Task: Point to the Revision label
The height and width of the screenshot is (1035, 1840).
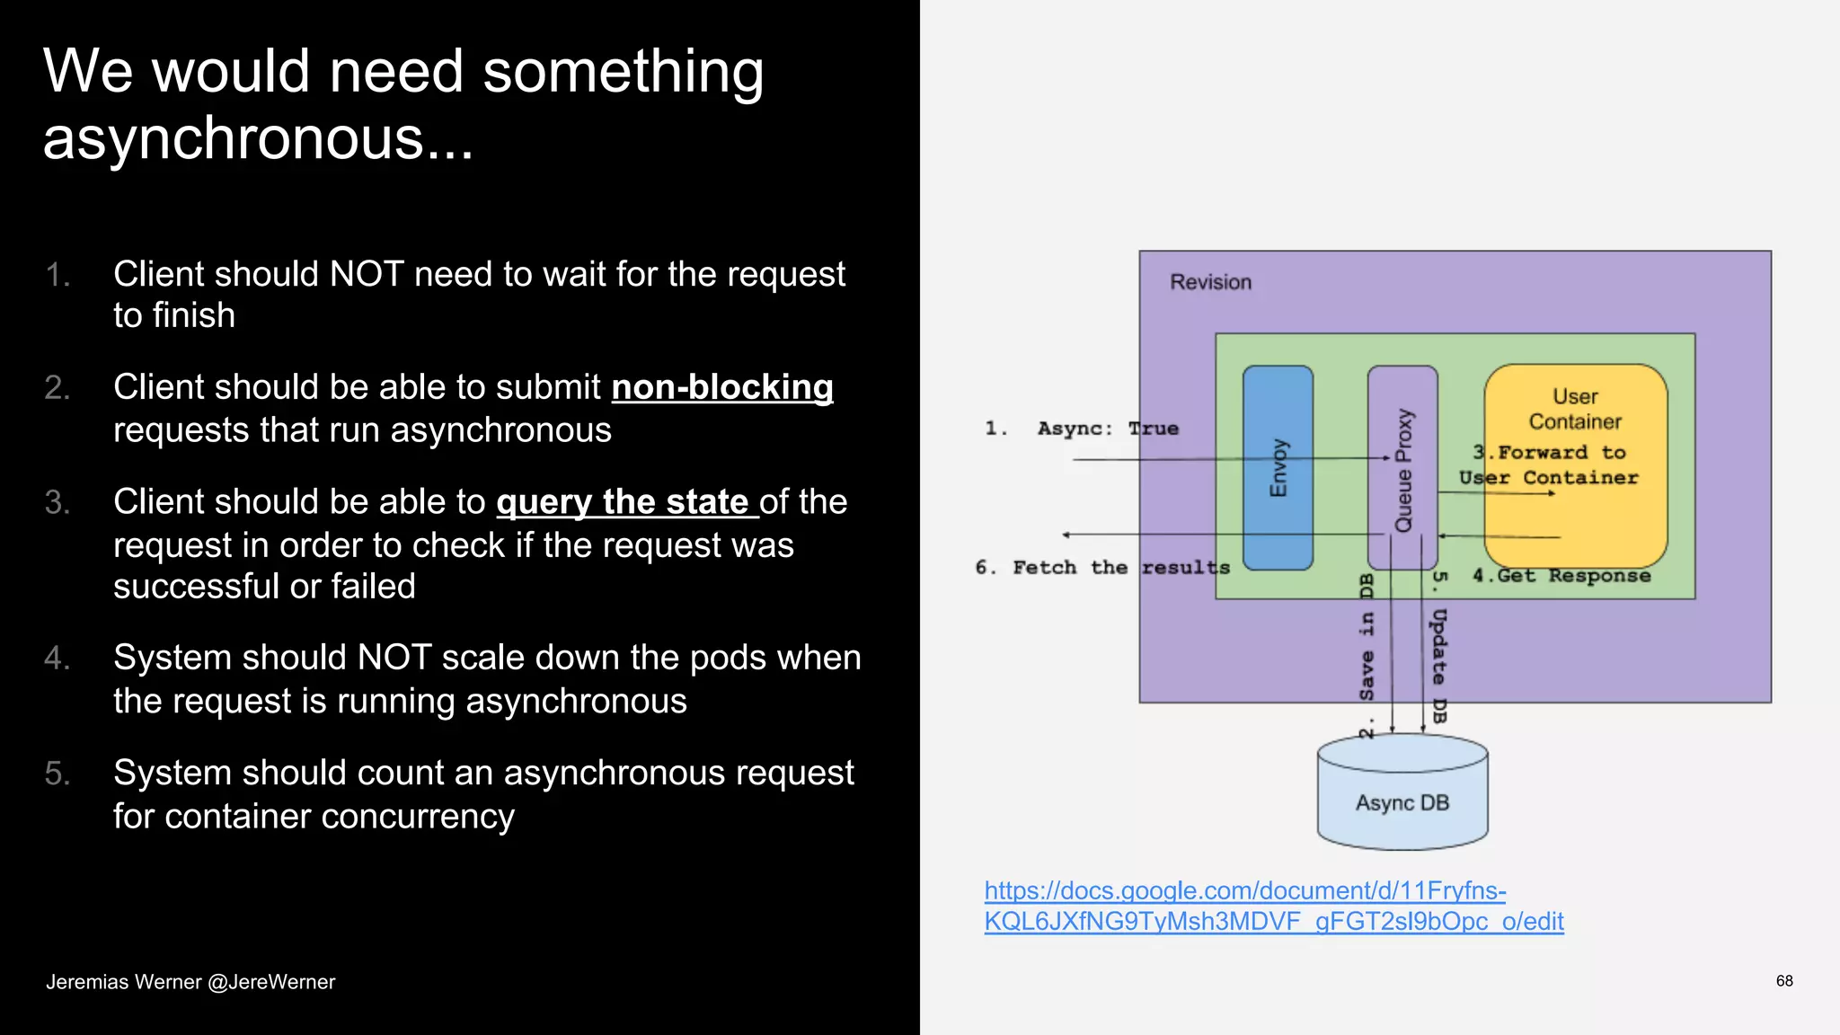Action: pyautogui.click(x=1210, y=282)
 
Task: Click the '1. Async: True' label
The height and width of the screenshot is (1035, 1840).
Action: pyautogui.click(x=1082, y=429)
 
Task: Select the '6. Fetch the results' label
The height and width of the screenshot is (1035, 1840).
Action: pyautogui.click(x=1101, y=568)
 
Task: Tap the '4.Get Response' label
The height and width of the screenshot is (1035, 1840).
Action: pyautogui.click(x=1561, y=576)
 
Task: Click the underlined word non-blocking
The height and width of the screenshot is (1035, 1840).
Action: pyautogui.click(x=722, y=387)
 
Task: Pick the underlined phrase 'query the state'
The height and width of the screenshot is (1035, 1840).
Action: pyautogui.click(x=623, y=501)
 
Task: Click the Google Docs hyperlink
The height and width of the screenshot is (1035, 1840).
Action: pyautogui.click(x=1273, y=906)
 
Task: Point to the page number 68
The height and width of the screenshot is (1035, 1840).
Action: pyautogui.click(x=1784, y=981)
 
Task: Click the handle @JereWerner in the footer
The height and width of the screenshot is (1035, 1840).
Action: pyautogui.click(x=271, y=982)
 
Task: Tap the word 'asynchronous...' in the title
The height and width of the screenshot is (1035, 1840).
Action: pyautogui.click(x=258, y=139)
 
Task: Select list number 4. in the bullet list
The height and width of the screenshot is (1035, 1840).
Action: pyautogui.click(x=57, y=659)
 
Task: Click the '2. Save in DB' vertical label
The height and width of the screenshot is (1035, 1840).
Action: pyautogui.click(x=1367, y=656)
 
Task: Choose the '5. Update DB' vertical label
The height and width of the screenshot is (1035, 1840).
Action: pyautogui.click(x=1438, y=647)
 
